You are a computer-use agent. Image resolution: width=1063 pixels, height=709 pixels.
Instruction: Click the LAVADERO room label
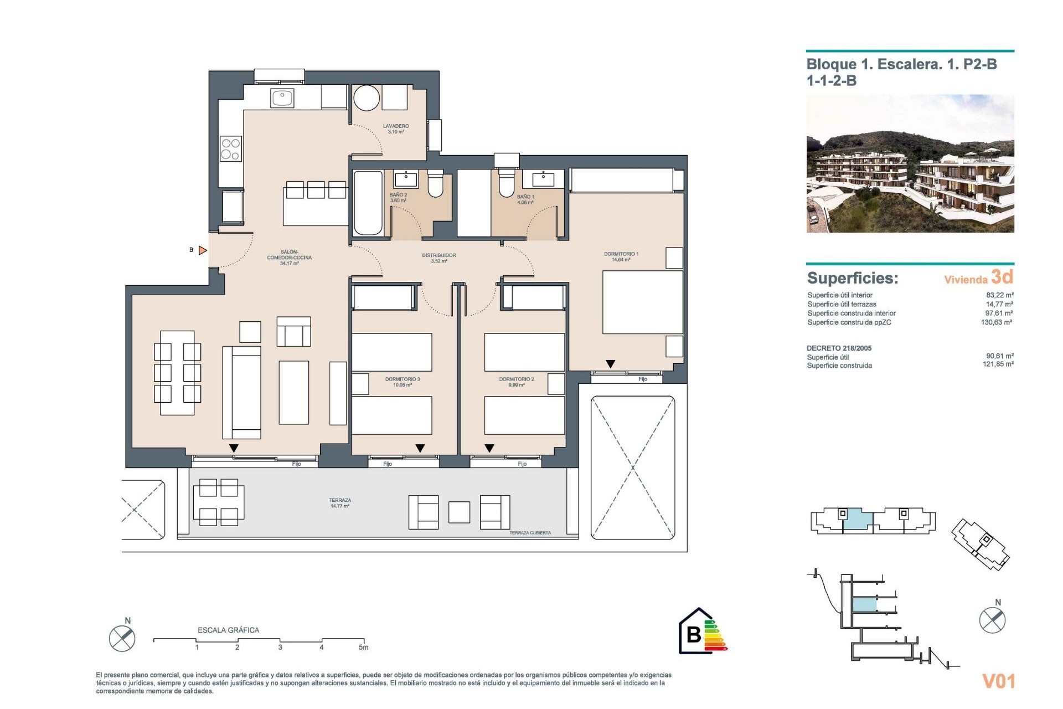click(396, 126)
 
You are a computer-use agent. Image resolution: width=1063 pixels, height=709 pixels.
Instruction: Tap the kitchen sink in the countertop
click(282, 98)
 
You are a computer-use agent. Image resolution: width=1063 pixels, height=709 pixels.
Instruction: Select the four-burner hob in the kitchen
click(231, 149)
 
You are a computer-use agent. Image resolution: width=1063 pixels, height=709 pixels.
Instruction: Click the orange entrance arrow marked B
click(203, 250)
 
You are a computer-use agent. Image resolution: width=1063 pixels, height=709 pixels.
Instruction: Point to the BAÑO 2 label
click(398, 195)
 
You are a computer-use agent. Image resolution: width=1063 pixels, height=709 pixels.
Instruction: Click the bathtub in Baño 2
click(368, 203)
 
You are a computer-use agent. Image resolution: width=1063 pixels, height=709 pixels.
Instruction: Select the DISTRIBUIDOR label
click(439, 255)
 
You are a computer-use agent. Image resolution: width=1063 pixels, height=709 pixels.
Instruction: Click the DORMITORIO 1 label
click(621, 254)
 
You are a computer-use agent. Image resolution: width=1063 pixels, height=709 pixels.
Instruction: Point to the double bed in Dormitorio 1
click(642, 302)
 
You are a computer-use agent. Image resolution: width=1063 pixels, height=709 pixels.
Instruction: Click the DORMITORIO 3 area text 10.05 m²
click(403, 385)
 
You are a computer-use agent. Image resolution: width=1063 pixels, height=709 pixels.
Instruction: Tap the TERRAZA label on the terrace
click(340, 500)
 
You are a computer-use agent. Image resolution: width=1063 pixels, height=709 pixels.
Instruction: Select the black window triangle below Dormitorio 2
click(489, 448)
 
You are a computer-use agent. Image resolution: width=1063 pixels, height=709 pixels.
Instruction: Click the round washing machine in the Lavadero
click(367, 98)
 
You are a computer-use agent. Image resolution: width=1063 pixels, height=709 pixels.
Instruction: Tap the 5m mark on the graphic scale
click(363, 647)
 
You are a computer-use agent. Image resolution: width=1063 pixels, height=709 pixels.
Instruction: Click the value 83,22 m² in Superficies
click(999, 295)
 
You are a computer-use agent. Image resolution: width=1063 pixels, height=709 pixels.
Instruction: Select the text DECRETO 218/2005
click(839, 348)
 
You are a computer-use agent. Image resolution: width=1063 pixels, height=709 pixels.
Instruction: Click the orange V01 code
click(998, 681)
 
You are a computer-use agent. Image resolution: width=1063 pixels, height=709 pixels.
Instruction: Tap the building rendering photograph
click(910, 163)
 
